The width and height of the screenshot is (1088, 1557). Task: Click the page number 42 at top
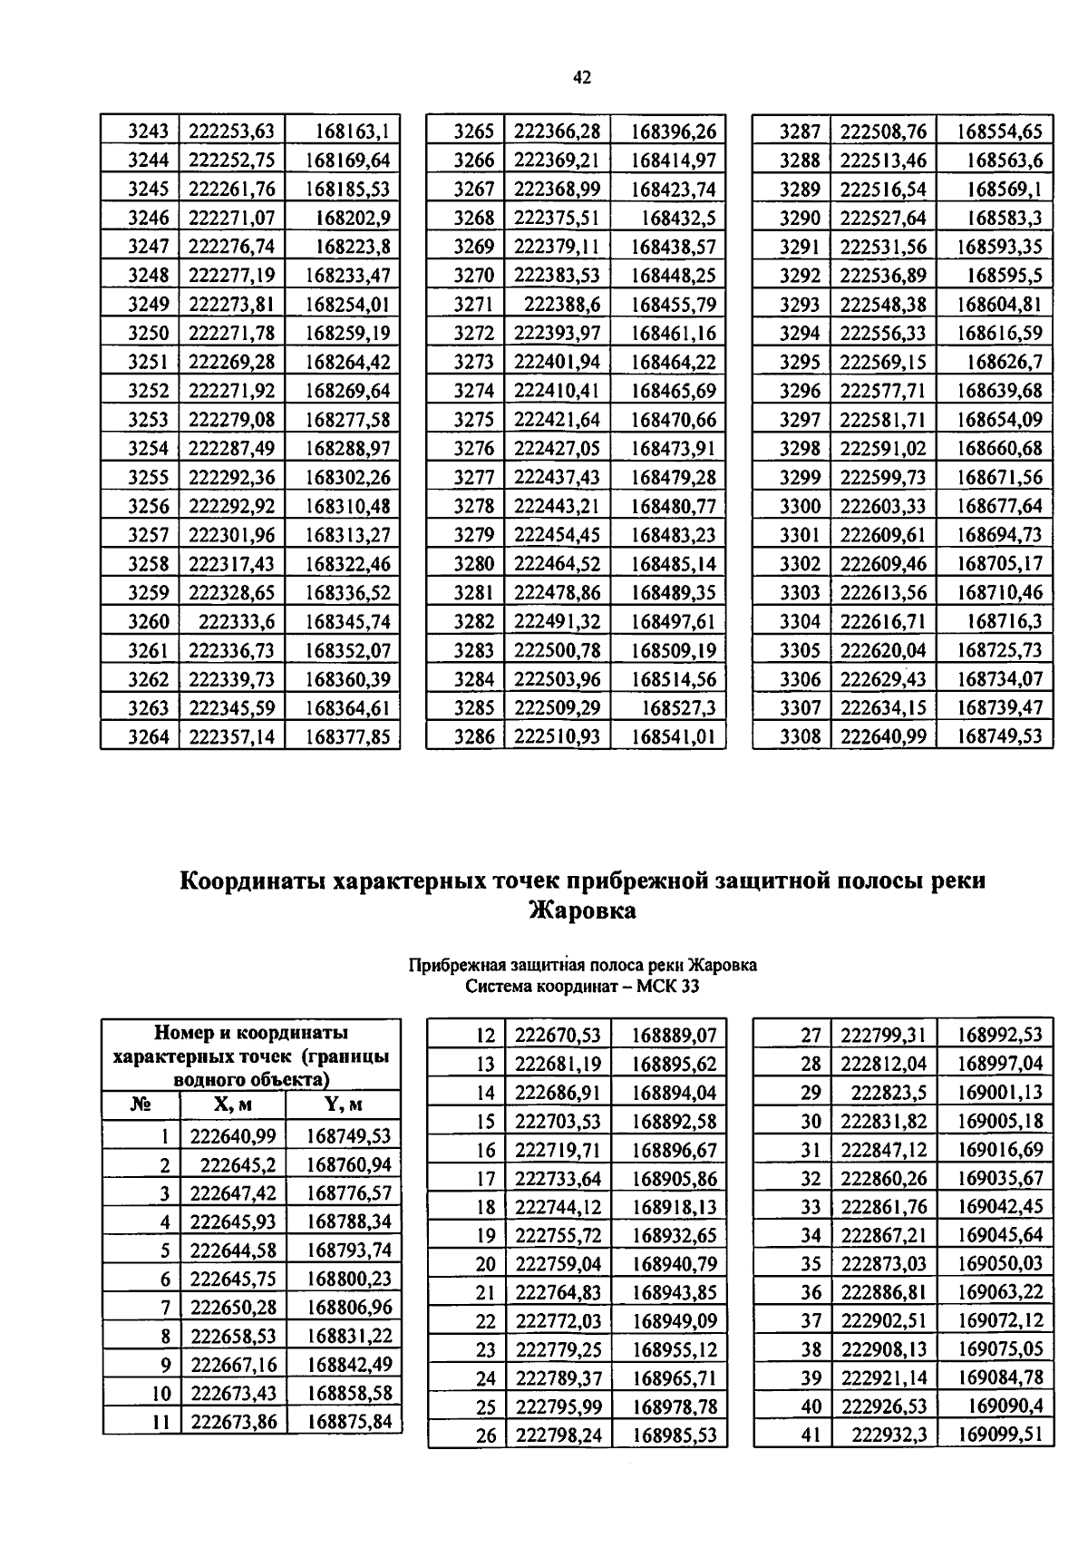(x=582, y=78)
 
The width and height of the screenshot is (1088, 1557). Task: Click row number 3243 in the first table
(x=149, y=131)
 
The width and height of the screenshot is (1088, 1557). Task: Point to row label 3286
(x=474, y=737)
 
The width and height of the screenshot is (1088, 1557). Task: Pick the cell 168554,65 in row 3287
(x=1000, y=131)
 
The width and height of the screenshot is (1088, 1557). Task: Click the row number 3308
(x=800, y=737)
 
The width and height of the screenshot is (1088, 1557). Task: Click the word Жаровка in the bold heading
(x=582, y=910)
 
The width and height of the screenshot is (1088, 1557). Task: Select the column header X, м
(x=233, y=1104)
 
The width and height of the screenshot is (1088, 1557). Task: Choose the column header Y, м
(x=343, y=1104)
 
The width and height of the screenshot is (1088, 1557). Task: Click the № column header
(x=141, y=1104)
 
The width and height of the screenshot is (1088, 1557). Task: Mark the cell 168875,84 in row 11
(x=348, y=1421)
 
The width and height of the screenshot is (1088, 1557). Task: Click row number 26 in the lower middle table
(x=486, y=1435)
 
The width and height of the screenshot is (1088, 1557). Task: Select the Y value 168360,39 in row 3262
(x=348, y=680)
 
